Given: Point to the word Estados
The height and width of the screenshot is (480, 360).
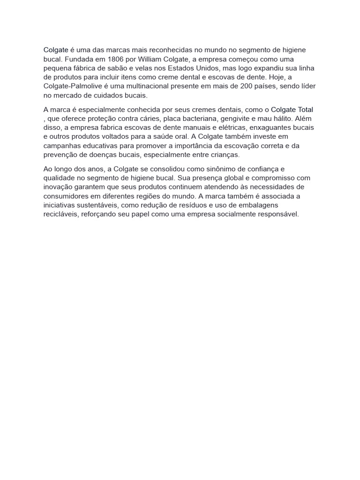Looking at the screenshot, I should tap(198, 68).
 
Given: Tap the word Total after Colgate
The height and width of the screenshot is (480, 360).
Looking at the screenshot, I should tap(304, 110).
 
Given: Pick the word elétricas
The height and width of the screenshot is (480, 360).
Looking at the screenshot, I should tap(232, 127).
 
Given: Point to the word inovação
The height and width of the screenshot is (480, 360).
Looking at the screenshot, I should tap(58, 187).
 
